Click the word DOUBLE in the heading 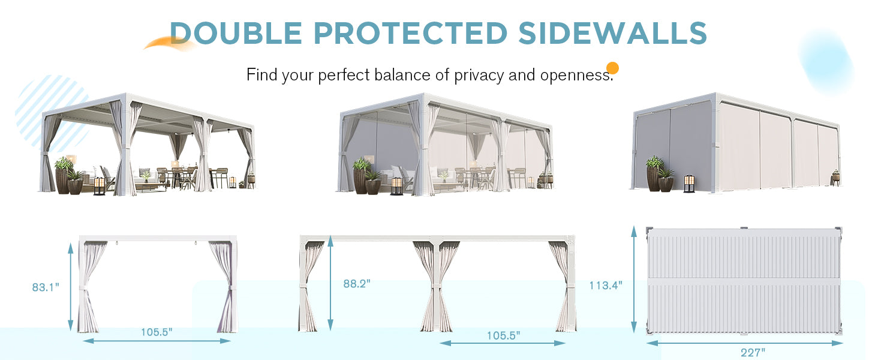pyautogui.click(x=236, y=33)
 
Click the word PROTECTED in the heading pyautogui.click(x=411, y=33)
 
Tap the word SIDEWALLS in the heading pyautogui.click(x=613, y=33)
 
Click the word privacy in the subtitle pyautogui.click(x=479, y=75)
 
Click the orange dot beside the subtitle pyautogui.click(x=612, y=68)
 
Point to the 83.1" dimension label pyautogui.click(x=46, y=287)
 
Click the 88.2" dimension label pyautogui.click(x=357, y=284)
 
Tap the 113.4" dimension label pyautogui.click(x=606, y=285)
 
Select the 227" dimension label pyautogui.click(x=753, y=352)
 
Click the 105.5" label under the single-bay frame pyautogui.click(x=157, y=332)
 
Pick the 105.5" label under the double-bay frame pyautogui.click(x=503, y=335)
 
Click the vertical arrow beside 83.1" pyautogui.click(x=71, y=287)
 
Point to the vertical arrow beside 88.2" pyautogui.click(x=330, y=283)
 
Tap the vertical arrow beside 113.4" pyautogui.click(x=634, y=280)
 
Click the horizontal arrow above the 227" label pyautogui.click(x=744, y=343)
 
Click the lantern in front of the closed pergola pyautogui.click(x=688, y=184)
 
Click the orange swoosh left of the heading pyautogui.click(x=169, y=43)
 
